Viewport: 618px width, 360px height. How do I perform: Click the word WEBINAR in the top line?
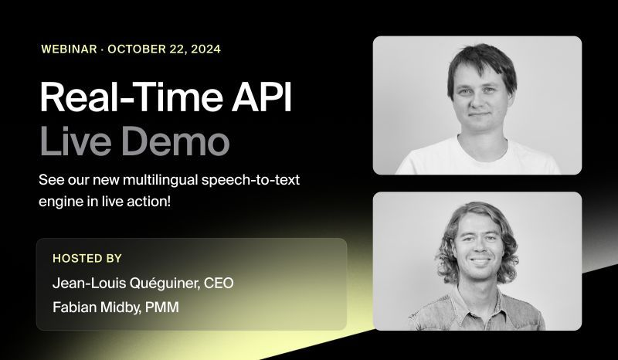click(x=69, y=49)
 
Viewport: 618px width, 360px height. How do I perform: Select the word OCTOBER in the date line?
click(x=137, y=49)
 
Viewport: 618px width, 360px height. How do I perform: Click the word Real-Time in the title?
click(x=119, y=100)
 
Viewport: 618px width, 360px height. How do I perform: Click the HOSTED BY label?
click(x=87, y=258)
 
